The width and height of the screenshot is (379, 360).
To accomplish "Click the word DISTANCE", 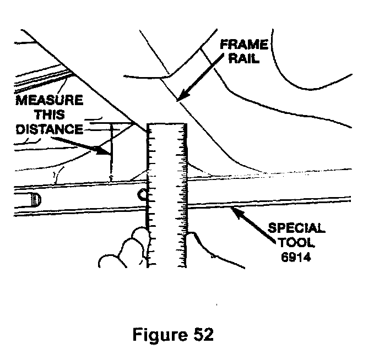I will coord(49,129).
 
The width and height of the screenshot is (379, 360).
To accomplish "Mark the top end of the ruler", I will coord(167,126).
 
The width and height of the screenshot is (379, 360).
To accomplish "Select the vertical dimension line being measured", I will coord(111,152).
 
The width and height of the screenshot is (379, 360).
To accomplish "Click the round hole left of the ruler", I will coord(142,194).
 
